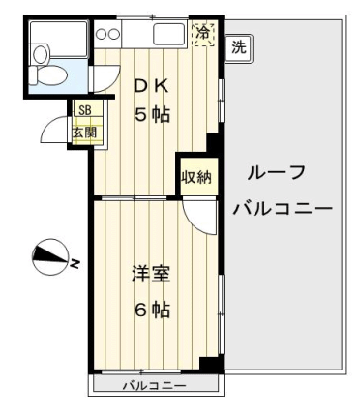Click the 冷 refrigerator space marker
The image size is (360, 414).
203,34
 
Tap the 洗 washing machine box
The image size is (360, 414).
239,48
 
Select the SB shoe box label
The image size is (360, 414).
85,110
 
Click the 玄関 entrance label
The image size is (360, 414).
84,133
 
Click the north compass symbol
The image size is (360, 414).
50,256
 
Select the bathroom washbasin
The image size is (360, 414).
41,53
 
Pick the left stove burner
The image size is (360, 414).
102,34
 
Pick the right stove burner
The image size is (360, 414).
113,34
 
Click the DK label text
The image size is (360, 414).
152,86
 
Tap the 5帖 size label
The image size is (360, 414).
152,114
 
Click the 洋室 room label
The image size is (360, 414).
151,274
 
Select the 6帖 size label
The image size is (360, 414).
152,310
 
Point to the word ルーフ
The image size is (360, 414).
276,173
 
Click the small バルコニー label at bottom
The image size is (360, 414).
155,386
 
